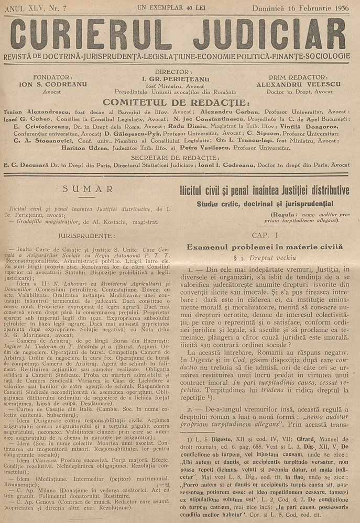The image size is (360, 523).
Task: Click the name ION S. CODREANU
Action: (x=45, y=84)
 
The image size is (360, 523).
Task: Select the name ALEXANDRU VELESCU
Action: (x=300, y=84)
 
